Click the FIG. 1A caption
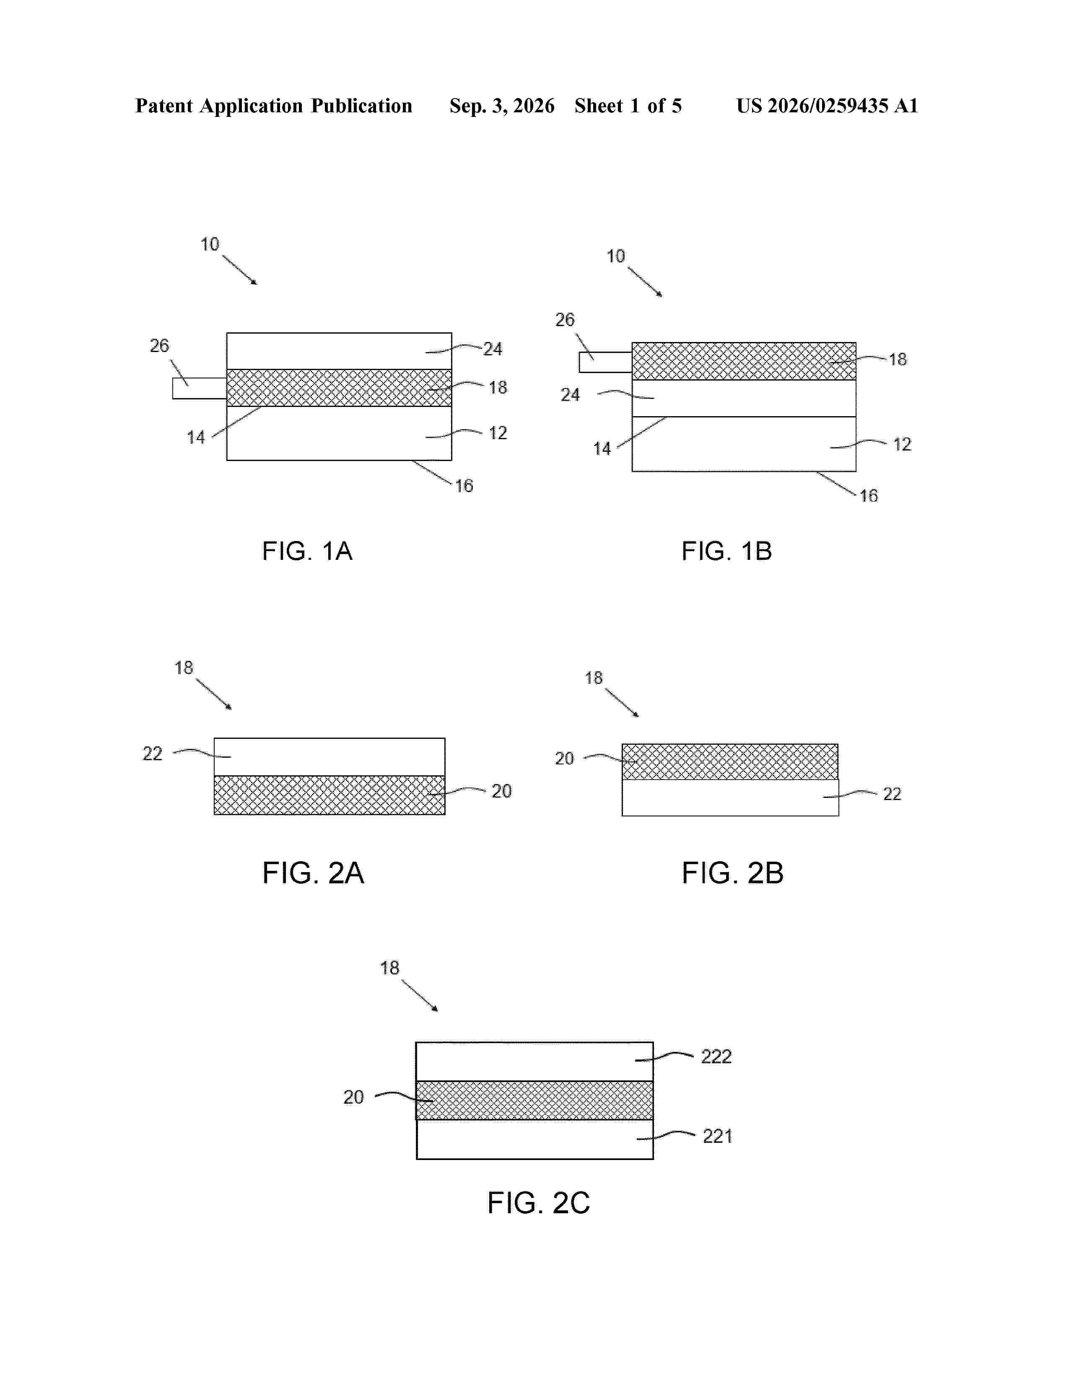pyautogui.click(x=307, y=551)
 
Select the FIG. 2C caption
pyautogui.click(x=538, y=1202)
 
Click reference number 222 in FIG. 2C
pyautogui.click(x=716, y=1056)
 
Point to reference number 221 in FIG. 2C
pyautogui.click(x=718, y=1136)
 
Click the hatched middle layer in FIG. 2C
pyautogui.click(x=534, y=1101)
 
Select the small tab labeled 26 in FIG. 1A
pyautogui.click(x=200, y=388)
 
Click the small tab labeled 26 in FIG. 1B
pyautogui.click(x=605, y=362)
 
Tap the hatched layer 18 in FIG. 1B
pyautogui.click(x=744, y=361)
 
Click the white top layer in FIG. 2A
pyautogui.click(x=330, y=757)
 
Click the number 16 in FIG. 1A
pyautogui.click(x=464, y=486)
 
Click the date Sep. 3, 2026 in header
pyautogui.click(x=501, y=106)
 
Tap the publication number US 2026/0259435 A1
pyautogui.click(x=827, y=106)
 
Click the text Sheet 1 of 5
pyautogui.click(x=628, y=106)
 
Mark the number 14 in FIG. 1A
pyautogui.click(x=196, y=438)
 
